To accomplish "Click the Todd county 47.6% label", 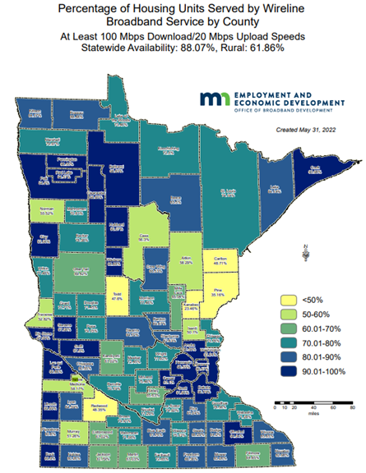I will pos(118,297).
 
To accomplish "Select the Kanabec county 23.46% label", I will pos(192,308).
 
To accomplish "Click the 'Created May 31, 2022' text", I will pos(308,129).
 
